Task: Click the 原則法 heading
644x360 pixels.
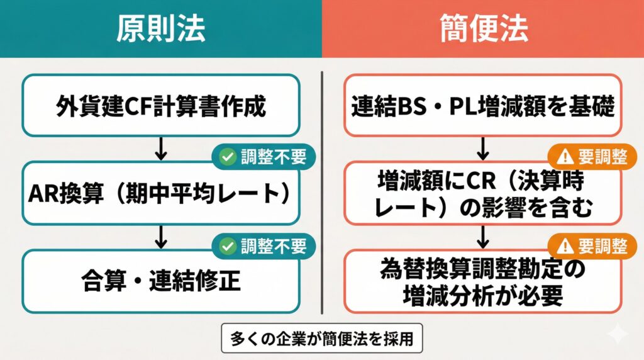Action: coord(160,28)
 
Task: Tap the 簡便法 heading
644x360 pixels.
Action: coord(483,28)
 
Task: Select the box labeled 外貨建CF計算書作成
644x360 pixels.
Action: coord(160,105)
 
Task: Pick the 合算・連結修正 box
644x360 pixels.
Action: coord(160,281)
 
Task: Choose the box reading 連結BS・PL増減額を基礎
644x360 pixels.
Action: coord(483,105)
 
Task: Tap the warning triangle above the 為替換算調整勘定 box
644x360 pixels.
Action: coord(561,245)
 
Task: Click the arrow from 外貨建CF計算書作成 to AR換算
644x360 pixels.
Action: coord(161,149)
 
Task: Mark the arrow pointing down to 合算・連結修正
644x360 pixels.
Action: coord(161,237)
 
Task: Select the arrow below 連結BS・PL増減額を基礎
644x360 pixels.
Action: coord(483,149)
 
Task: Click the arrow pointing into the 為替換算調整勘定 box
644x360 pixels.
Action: coord(483,237)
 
